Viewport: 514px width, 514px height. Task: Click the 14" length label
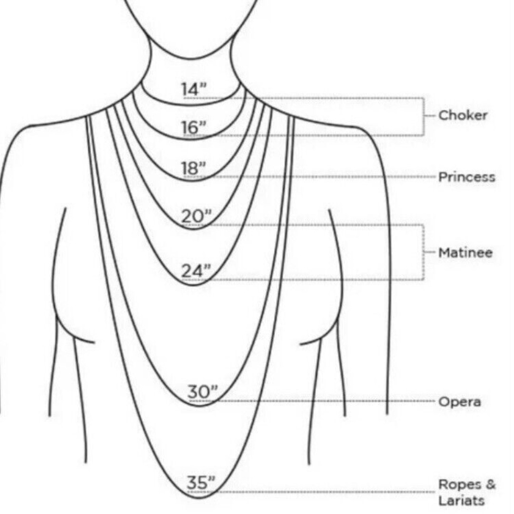coord(194,89)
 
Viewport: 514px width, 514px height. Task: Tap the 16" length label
coord(194,127)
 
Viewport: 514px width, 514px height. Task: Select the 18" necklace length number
coord(194,168)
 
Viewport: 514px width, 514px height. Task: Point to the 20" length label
coord(197,217)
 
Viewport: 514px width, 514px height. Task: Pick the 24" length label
coord(196,271)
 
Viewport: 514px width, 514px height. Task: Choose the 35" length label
coord(201,483)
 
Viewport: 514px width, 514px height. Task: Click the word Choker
coord(463,115)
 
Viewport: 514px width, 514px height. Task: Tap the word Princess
coord(466,177)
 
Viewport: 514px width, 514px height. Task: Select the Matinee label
coord(465,253)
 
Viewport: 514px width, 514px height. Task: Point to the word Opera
coord(460,402)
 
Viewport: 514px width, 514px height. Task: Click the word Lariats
coord(461,501)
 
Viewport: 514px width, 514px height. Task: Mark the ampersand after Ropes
coord(490,484)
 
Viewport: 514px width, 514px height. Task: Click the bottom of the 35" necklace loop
coord(200,498)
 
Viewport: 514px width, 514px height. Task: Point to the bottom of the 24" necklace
coord(193,284)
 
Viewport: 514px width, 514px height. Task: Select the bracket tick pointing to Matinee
coord(429,252)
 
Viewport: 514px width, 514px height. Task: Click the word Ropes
coord(460,484)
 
